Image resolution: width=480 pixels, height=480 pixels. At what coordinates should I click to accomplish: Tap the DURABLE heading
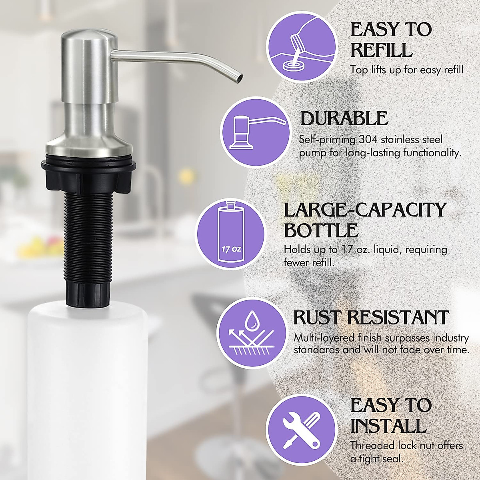tap(344, 119)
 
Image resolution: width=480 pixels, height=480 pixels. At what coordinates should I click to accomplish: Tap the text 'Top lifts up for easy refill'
tap(406, 70)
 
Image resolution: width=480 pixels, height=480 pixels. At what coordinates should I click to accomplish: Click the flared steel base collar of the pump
tap(88, 144)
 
